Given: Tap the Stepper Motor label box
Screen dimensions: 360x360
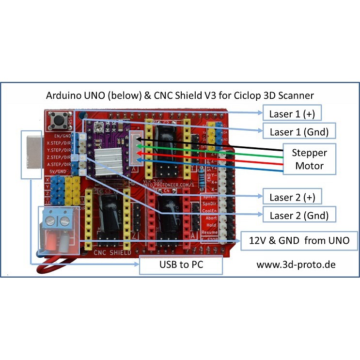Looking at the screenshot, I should pos(309,159).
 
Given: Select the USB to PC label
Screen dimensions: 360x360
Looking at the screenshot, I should pos(181,266).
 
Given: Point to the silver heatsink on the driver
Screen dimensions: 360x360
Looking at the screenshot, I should pos(110,160).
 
